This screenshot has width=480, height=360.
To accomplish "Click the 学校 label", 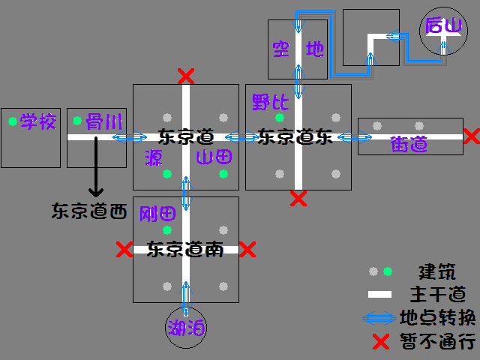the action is pyautogui.click(x=38, y=121).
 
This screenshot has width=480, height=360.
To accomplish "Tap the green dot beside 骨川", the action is pyautogui.click(x=77, y=121).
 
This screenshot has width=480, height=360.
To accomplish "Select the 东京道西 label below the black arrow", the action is pyautogui.click(x=89, y=211).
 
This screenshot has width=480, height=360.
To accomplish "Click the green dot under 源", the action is pyautogui.click(x=167, y=174).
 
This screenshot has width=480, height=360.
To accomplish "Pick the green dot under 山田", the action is pyautogui.click(x=223, y=174).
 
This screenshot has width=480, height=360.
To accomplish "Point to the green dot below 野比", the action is pyautogui.click(x=280, y=118).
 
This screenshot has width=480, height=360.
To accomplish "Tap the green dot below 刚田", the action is pyautogui.click(x=167, y=230).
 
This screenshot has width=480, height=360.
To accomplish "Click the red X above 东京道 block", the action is pyautogui.click(x=186, y=76).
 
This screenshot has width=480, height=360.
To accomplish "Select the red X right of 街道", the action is pyautogui.click(x=472, y=136).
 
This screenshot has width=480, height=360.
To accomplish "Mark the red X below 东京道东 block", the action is pyautogui.click(x=298, y=198).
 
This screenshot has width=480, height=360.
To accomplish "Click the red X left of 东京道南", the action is pyautogui.click(x=124, y=249).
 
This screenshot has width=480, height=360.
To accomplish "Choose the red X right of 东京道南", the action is pyautogui.click(x=247, y=249).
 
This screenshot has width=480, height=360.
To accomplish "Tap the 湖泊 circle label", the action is pyautogui.click(x=186, y=328).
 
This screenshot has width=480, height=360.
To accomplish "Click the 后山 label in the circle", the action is pyautogui.click(x=443, y=25).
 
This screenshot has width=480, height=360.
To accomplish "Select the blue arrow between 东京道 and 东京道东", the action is pyautogui.click(x=242, y=136).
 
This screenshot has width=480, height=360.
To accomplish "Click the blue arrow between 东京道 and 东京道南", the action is pyautogui.click(x=186, y=193).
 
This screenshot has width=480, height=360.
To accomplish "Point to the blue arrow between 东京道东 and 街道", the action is pyautogui.click(x=355, y=136).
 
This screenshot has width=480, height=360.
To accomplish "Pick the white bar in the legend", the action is pyautogui.click(x=379, y=295).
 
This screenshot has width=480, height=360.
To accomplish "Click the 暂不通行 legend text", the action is pyautogui.click(x=438, y=341).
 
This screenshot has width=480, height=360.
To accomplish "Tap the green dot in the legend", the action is pyautogui.click(x=388, y=271).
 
